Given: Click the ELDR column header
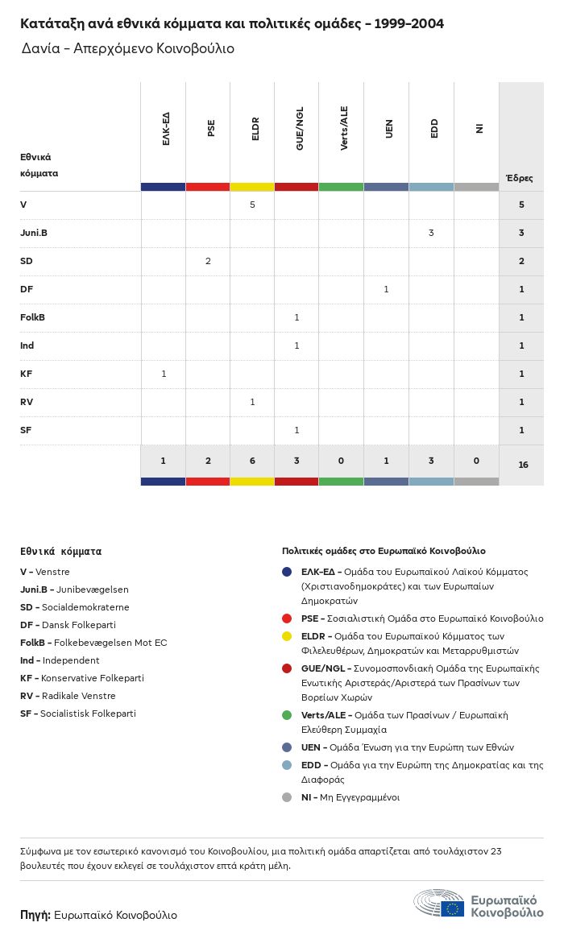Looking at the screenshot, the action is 255,129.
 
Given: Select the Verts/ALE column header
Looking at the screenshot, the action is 344,128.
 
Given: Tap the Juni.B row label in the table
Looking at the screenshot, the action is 33,233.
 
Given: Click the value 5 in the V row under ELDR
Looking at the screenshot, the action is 252,205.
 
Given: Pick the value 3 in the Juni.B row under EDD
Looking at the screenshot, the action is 431,233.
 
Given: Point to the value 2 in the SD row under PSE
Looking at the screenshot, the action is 208,261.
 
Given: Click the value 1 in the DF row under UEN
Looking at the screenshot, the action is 386,289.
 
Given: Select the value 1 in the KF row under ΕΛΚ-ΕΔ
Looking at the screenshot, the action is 164,374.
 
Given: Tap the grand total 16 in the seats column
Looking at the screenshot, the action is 523,465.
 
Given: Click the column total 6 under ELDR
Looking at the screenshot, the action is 252,461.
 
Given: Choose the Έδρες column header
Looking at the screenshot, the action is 519,178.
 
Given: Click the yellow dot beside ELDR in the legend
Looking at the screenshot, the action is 287,636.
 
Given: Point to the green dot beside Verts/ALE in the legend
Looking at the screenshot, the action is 287,715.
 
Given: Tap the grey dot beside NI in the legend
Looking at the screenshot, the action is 287,797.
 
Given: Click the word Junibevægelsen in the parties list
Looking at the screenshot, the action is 93,590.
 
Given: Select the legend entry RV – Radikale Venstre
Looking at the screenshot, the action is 68,696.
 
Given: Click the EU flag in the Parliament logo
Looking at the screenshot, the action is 452,908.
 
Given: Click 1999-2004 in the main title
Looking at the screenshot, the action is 408,24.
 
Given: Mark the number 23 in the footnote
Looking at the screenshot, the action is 496,851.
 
